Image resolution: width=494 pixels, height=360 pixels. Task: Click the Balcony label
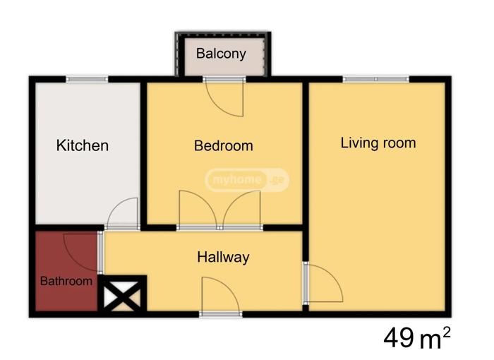pyautogui.click(x=221, y=54)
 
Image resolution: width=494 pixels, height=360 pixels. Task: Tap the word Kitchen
pyautogui.click(x=83, y=145)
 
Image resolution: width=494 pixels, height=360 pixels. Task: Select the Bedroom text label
pyautogui.click(x=224, y=145)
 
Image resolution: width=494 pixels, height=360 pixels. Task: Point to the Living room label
pyautogui.click(x=378, y=143)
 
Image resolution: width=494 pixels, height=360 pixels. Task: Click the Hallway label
pyautogui.click(x=223, y=257)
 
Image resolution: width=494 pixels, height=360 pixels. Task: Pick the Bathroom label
pyautogui.click(x=66, y=281)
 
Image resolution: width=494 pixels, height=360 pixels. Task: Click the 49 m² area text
pyautogui.click(x=417, y=337)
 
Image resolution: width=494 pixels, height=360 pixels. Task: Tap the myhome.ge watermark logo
pyautogui.click(x=247, y=180)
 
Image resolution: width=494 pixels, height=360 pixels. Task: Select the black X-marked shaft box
pyautogui.click(x=122, y=294)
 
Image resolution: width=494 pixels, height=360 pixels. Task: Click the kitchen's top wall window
pyautogui.click(x=87, y=79)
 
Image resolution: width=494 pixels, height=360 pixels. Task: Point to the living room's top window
pyautogui.click(x=376, y=79)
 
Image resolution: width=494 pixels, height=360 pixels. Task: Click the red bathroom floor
pyautogui.click(x=66, y=271)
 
